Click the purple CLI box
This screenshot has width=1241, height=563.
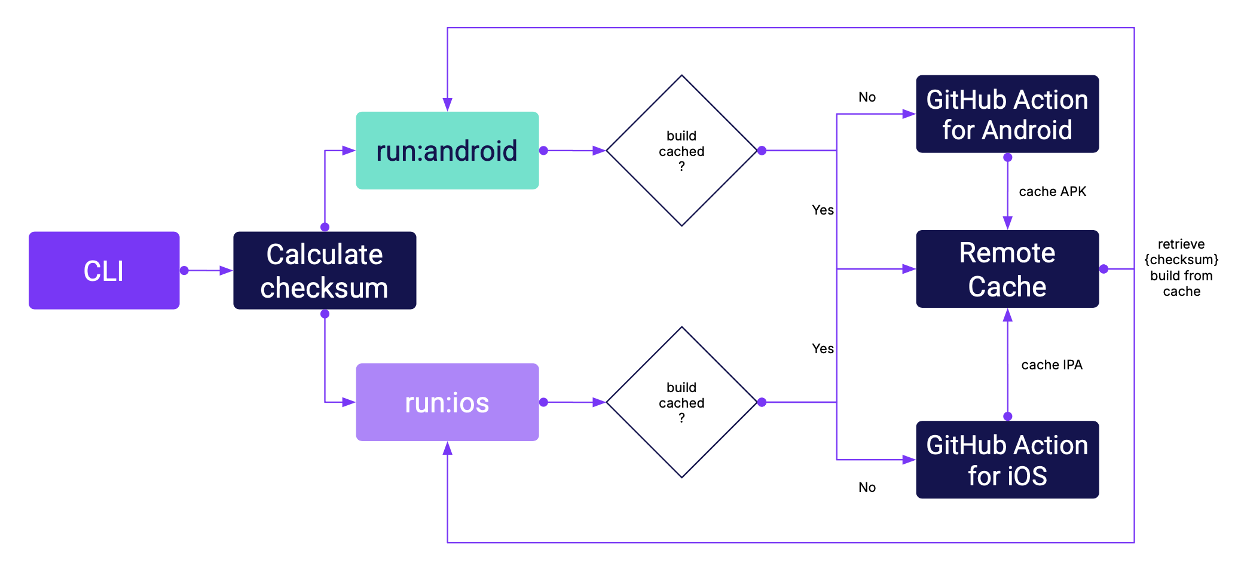point(104,270)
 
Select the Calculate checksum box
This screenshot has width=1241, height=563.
point(325,270)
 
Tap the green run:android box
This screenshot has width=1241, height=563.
point(447,151)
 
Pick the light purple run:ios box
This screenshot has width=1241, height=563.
point(447,402)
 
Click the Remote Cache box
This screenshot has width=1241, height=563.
point(1007,269)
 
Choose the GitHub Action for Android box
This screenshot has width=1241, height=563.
point(1007,114)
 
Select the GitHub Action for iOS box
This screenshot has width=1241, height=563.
point(1007,460)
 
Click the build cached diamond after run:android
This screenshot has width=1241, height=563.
point(681,151)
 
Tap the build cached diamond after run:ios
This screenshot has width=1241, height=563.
point(681,402)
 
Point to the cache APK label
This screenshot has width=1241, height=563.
point(1052,191)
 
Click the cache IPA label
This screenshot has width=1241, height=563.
point(1052,365)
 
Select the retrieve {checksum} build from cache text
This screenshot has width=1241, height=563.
point(1181,268)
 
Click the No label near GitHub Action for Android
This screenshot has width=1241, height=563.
point(867,97)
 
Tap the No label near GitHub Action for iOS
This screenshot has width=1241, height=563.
point(867,487)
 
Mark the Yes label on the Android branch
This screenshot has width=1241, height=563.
point(823,210)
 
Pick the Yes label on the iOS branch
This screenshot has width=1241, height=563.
point(823,348)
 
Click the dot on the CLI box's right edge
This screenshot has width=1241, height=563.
point(184,271)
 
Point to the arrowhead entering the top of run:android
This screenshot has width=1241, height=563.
point(447,105)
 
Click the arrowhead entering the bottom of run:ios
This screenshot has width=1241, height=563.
point(447,448)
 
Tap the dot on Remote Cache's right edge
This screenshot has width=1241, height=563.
point(1104,269)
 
